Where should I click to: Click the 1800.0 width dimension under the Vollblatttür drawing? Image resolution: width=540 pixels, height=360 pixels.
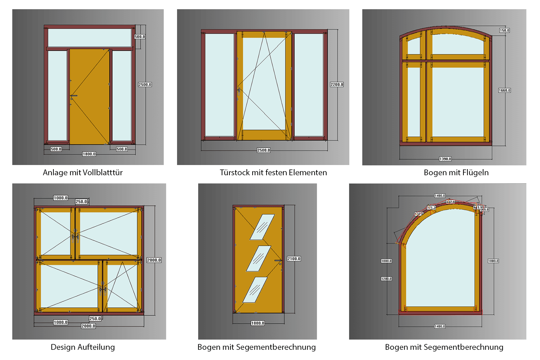[x=89, y=154]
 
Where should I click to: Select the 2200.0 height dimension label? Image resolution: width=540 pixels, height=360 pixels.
[x=337, y=84]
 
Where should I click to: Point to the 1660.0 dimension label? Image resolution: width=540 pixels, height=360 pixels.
[x=504, y=91]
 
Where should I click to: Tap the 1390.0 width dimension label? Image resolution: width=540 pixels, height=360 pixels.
[x=445, y=159]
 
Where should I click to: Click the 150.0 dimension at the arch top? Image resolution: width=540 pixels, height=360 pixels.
[x=504, y=31]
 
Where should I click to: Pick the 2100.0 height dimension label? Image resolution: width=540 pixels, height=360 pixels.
[x=294, y=259]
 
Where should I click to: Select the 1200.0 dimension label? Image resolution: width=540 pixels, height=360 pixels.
[x=386, y=279]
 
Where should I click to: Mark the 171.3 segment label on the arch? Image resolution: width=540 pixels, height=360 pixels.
[x=431, y=208]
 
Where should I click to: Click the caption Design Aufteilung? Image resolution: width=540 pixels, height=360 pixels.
[x=83, y=347]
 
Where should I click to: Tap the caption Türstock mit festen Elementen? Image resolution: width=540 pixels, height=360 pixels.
[x=273, y=173]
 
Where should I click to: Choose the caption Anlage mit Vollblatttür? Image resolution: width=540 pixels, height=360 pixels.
[x=83, y=173]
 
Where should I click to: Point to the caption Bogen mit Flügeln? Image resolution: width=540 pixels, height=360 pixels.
[x=456, y=173]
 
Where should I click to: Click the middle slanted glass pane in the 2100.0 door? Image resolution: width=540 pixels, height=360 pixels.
[x=258, y=259]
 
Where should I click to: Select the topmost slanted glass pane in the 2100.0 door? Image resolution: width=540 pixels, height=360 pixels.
[x=262, y=227]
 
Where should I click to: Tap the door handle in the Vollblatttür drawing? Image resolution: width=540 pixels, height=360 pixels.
[x=74, y=96]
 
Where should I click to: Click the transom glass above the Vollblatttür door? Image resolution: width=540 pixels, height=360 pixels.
[x=90, y=37]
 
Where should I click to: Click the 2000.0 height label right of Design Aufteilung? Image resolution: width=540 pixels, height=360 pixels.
[x=154, y=260]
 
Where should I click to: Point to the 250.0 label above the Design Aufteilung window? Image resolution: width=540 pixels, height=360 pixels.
[x=81, y=202]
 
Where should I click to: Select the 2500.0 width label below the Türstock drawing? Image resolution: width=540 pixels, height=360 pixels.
[x=264, y=150]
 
